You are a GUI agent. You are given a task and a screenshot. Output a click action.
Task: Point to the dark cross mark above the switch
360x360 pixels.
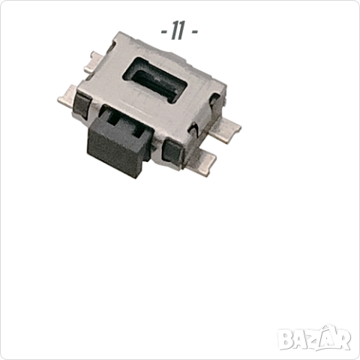pos(177,31)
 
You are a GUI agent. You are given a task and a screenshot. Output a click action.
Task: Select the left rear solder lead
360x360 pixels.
pos(96,59)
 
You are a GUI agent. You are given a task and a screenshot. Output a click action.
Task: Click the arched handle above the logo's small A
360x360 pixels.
pos(328,325)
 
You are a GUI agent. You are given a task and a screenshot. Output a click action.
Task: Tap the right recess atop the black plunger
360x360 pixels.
pos(138,129)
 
